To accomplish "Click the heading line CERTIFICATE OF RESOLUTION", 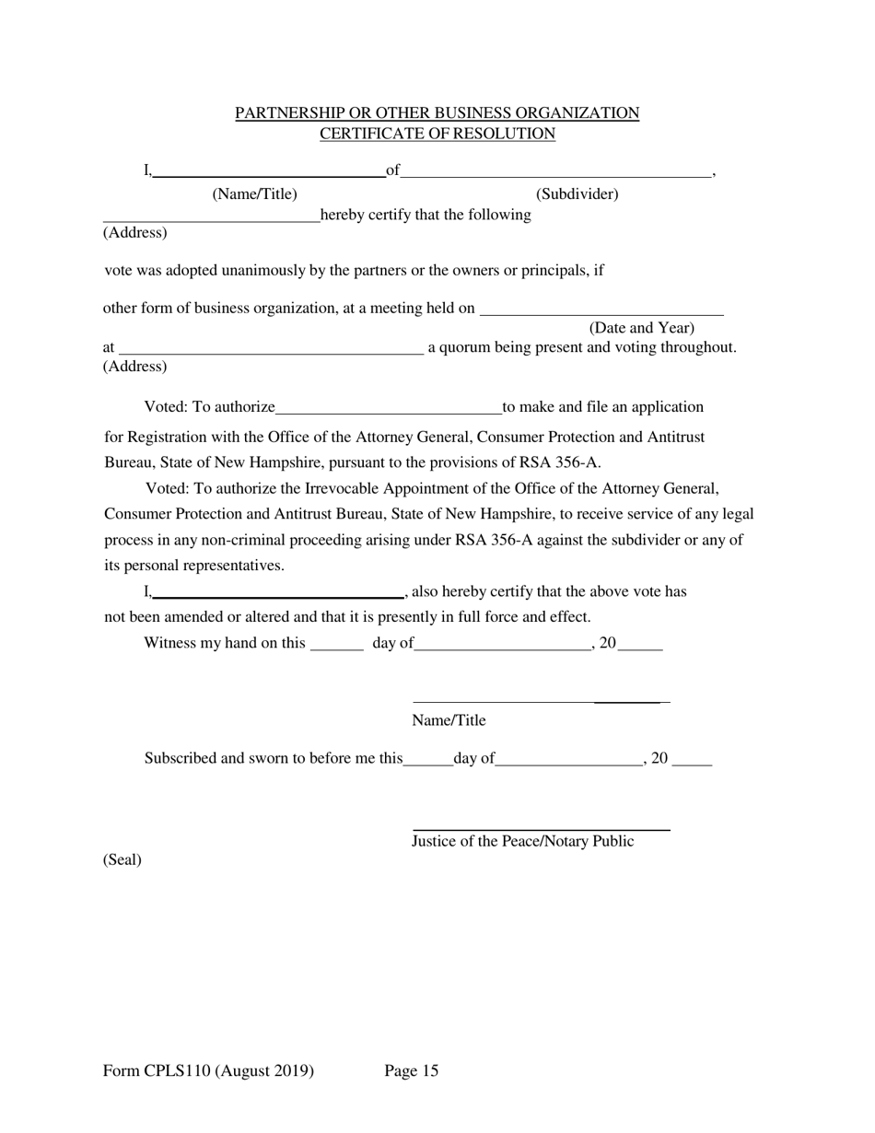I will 437,134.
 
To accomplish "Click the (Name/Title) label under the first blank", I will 254,193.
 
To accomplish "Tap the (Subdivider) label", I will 577,193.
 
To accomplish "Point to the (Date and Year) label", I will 641,328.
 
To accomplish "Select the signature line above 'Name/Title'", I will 541,702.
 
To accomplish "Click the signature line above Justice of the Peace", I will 541,830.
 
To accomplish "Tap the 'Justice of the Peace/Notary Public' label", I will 522,841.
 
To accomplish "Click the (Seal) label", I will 122,859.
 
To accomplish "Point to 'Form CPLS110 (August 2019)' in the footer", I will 209,1070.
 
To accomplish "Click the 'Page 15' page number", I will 411,1070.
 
